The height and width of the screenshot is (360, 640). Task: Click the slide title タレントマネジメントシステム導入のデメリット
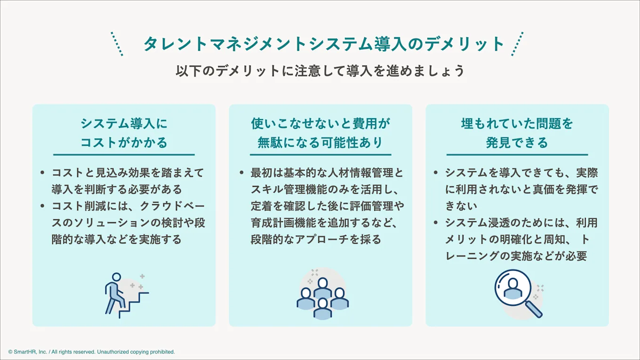click(324, 44)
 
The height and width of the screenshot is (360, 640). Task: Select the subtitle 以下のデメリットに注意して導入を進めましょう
click(320, 71)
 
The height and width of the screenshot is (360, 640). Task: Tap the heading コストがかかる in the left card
click(124, 142)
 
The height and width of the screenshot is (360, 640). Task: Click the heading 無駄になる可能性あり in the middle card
click(320, 142)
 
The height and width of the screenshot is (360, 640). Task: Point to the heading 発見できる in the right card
click(517, 142)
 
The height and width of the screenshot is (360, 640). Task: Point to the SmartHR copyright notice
click(91, 352)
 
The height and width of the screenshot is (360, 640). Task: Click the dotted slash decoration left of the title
click(117, 44)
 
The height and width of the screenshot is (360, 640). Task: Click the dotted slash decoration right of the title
click(517, 44)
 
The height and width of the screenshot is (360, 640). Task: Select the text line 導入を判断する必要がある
click(117, 189)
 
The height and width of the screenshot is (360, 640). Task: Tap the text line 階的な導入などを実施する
click(117, 239)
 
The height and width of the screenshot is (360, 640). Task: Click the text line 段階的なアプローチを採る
click(316, 239)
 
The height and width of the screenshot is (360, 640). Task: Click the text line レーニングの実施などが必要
click(516, 256)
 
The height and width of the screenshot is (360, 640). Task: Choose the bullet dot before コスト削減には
click(43, 206)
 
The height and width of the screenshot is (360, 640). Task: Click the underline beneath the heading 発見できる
click(517, 154)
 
